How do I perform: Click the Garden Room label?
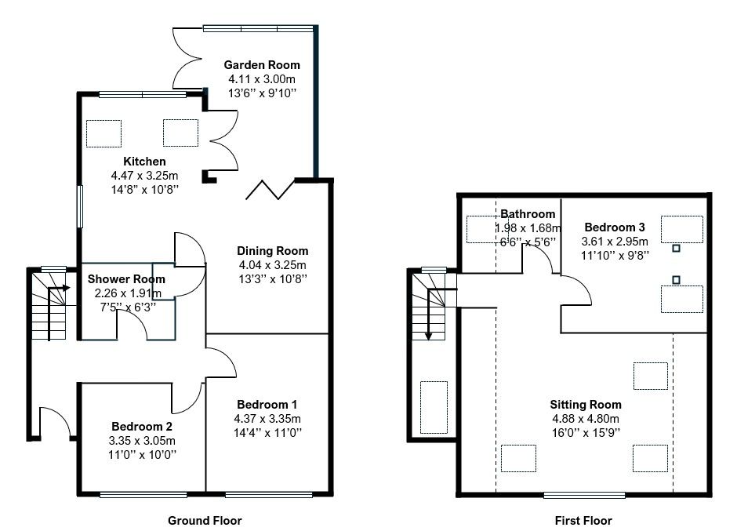(262, 65)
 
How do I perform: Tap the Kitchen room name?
(144, 162)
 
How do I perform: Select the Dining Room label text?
(273, 251)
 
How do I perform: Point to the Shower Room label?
(126, 279)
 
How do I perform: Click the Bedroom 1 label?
(267, 405)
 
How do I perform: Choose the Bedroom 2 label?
(142, 427)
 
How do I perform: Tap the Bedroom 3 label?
(615, 227)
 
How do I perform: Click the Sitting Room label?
(586, 405)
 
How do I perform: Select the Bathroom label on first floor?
(528, 214)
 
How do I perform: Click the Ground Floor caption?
(205, 521)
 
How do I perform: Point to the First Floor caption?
(583, 521)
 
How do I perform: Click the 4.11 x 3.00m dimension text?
(262, 79)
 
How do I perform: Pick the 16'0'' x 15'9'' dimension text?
(586, 432)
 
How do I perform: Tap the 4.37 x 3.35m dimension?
(267, 419)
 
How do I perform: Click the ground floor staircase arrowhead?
(67, 288)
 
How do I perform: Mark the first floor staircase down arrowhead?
(428, 336)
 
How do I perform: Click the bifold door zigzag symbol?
(270, 190)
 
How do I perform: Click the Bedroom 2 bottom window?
(143, 494)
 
